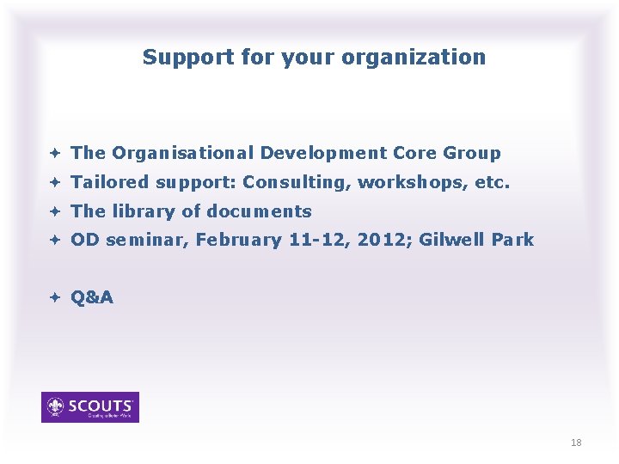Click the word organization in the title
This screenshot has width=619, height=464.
[414, 58]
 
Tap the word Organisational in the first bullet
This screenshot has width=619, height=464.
[182, 153]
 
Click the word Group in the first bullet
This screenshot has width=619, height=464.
[472, 153]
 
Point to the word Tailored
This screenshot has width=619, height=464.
[110, 182]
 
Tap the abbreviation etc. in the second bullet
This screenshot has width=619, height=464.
[493, 182]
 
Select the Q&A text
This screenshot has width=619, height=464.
[92, 298]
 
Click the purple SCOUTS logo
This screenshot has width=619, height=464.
[90, 407]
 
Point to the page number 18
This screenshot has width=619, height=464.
[576, 443]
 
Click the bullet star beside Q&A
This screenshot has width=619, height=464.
[54, 298]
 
